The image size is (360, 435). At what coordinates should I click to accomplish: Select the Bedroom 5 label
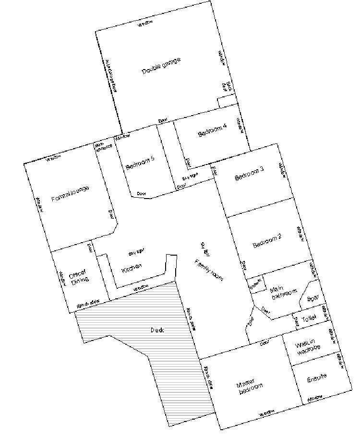(x=140, y=164)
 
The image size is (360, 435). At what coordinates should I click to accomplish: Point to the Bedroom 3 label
(x=249, y=176)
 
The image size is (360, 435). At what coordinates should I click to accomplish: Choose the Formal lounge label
(x=70, y=193)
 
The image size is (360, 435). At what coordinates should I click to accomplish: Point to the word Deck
(x=157, y=330)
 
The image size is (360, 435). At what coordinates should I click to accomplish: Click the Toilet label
(x=310, y=318)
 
